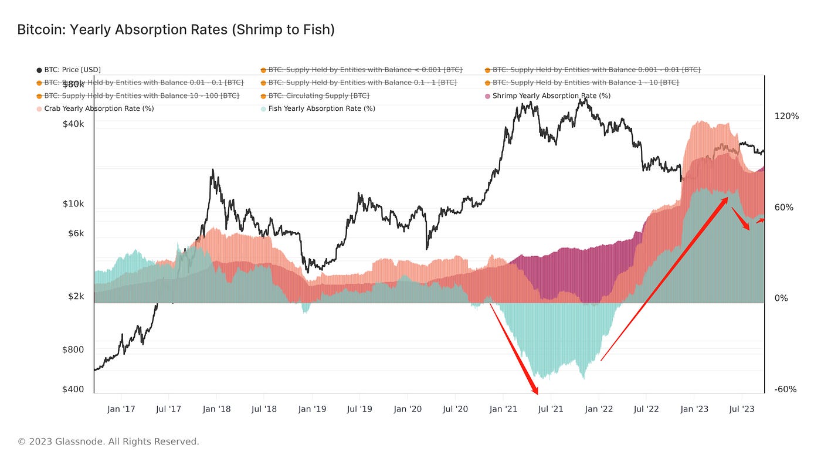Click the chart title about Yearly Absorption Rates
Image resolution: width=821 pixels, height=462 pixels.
[x=176, y=30]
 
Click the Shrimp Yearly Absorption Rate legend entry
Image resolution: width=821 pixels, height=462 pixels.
[x=551, y=96]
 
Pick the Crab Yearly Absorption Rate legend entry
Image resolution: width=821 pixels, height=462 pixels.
[x=99, y=108]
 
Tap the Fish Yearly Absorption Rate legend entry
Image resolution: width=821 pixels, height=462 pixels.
[x=321, y=108]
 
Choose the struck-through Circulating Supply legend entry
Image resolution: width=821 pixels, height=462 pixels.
[x=318, y=96]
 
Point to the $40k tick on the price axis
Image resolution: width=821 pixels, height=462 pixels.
[x=73, y=124]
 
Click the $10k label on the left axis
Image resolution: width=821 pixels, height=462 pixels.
[x=73, y=204]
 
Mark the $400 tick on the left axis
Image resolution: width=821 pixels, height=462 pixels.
[x=73, y=389]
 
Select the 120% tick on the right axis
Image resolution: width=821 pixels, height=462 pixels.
[x=786, y=116]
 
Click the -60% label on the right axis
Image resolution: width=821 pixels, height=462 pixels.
[x=785, y=389]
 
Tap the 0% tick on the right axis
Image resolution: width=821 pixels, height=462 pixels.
[x=781, y=298]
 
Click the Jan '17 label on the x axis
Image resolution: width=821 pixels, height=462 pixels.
[x=121, y=409]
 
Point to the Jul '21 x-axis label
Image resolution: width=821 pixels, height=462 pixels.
[x=551, y=409]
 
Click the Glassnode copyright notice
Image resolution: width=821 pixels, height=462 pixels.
[x=108, y=441]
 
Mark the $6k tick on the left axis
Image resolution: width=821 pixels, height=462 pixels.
[x=73, y=233]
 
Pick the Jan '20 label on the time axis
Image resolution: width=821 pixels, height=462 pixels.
[x=408, y=409]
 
